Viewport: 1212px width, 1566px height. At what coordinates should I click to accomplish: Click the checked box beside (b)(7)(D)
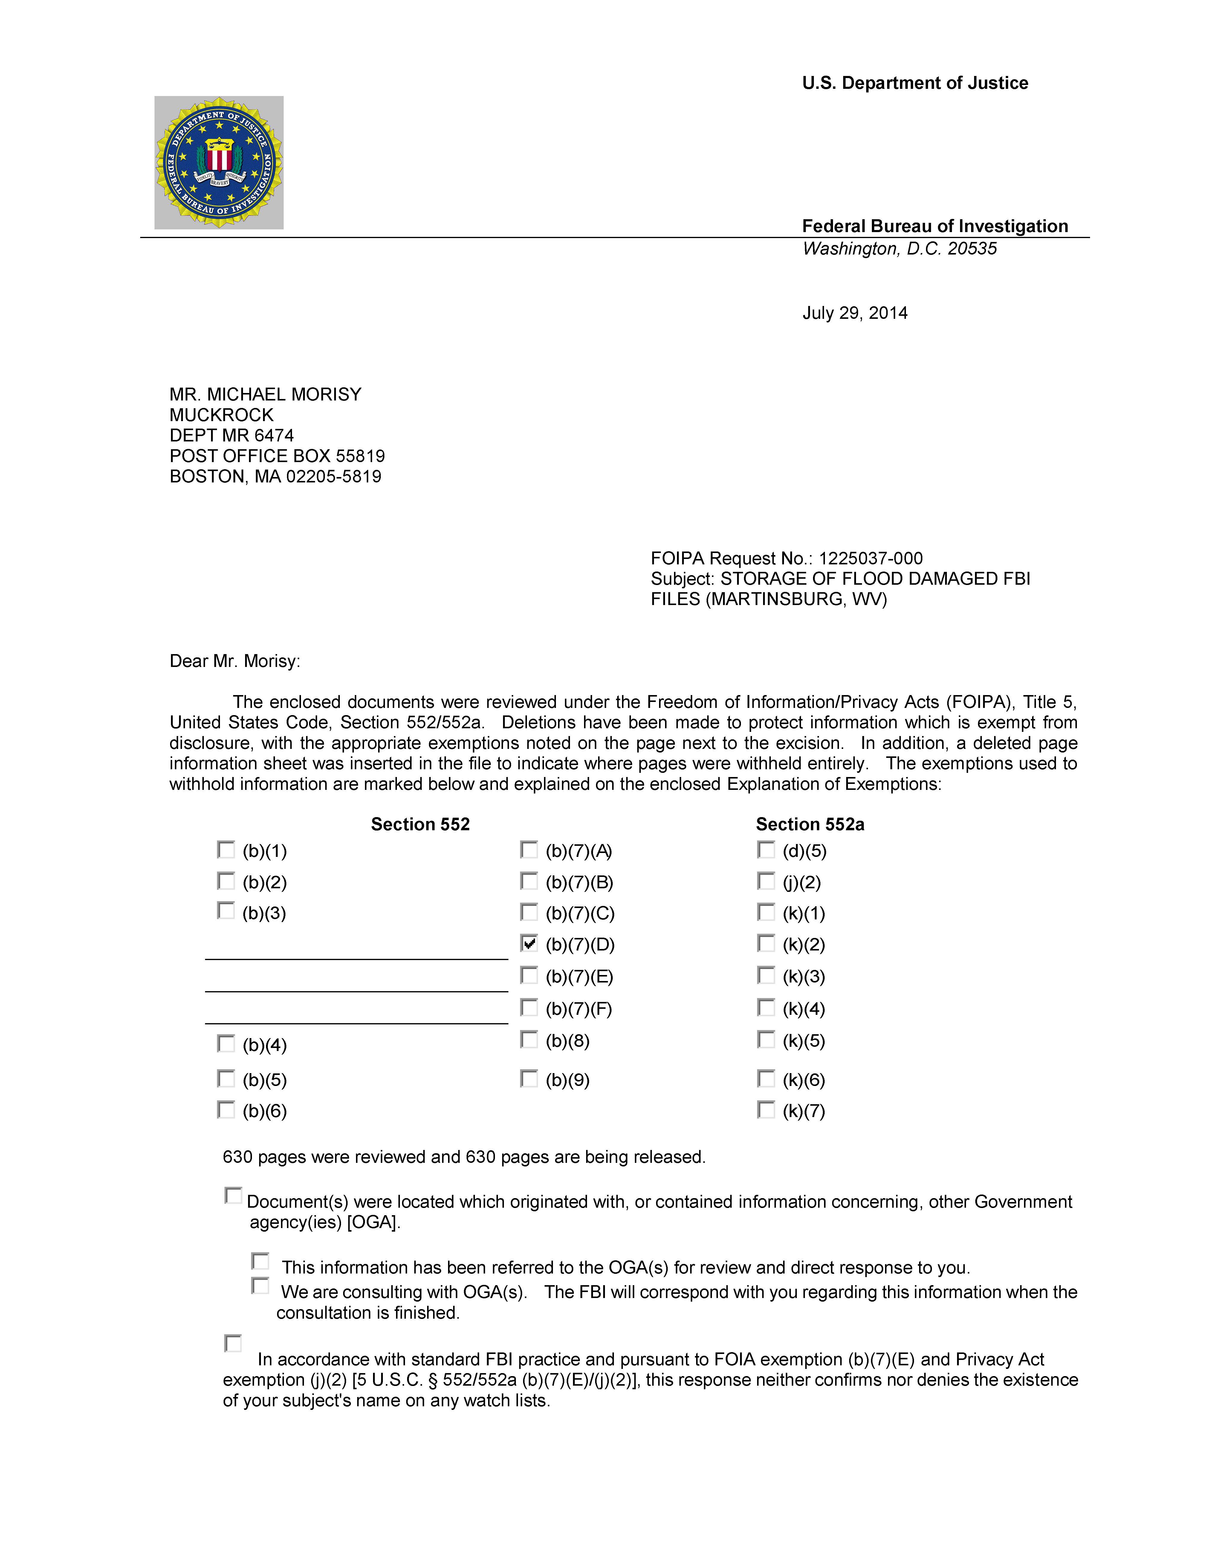click(529, 944)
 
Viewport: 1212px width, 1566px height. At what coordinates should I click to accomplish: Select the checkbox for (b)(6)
click(226, 1110)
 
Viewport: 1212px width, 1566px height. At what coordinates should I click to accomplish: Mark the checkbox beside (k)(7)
click(766, 1110)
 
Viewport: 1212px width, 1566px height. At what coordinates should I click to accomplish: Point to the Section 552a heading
click(810, 825)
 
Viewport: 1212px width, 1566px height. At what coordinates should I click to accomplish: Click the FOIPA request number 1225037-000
click(871, 559)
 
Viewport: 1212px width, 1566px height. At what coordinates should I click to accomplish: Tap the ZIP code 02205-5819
click(334, 477)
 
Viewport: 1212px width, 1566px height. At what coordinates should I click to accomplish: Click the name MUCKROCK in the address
click(221, 415)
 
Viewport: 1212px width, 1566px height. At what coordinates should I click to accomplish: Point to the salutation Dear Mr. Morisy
click(234, 661)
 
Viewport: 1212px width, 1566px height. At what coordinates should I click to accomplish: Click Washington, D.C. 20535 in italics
click(899, 249)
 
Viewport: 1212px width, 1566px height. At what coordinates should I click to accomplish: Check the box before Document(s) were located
click(233, 1195)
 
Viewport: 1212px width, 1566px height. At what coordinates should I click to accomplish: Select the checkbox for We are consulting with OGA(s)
click(260, 1286)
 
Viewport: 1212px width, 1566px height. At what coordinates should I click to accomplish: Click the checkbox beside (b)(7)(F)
click(529, 1008)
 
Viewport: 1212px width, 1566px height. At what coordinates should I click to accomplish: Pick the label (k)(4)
click(803, 1010)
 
